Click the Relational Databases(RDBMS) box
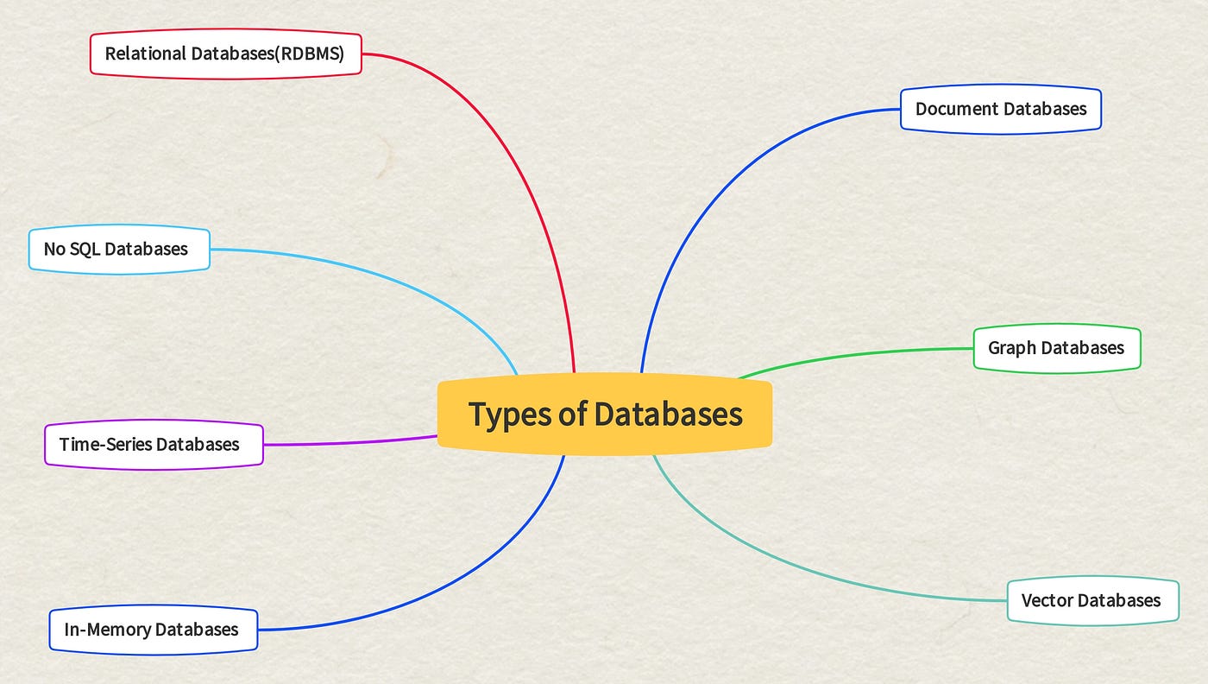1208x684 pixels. click(225, 54)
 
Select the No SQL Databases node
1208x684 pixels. click(119, 250)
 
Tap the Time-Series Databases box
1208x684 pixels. click(154, 445)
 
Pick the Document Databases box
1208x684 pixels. click(1000, 109)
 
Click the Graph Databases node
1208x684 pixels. click(1056, 348)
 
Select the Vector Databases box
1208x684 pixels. click(1092, 600)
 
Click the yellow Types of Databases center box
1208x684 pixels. click(604, 414)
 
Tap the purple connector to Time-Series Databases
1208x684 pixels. click(345, 443)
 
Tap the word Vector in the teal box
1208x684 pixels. click(1046, 600)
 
